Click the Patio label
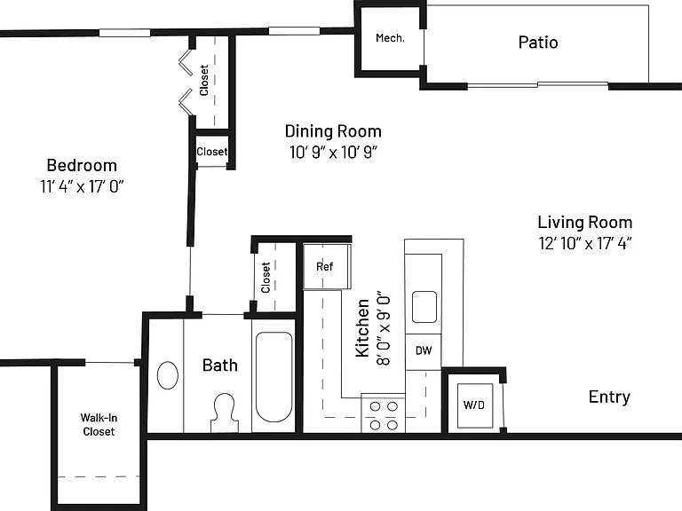pyautogui.click(x=538, y=43)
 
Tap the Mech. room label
pyautogui.click(x=390, y=38)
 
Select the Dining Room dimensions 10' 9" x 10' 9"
pyautogui.click(x=333, y=152)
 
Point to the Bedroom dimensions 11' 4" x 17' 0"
pyautogui.click(x=83, y=186)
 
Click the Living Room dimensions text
pyautogui.click(x=585, y=243)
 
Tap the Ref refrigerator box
pyautogui.click(x=327, y=266)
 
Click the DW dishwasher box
pyautogui.click(x=424, y=350)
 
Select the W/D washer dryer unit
pyautogui.click(x=474, y=405)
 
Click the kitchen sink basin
pyautogui.click(x=424, y=307)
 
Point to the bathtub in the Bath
pyautogui.click(x=274, y=377)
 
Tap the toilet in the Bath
pyautogui.click(x=225, y=413)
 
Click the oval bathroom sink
pyautogui.click(x=168, y=375)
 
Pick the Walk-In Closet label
pyautogui.click(x=99, y=425)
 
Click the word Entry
pyautogui.click(x=609, y=397)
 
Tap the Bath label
pyautogui.click(x=220, y=365)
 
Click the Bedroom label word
pyautogui.click(x=82, y=166)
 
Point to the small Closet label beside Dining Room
pyautogui.click(x=212, y=152)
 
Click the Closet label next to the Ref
pyautogui.click(x=266, y=277)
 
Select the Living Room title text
pyautogui.click(x=585, y=222)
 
